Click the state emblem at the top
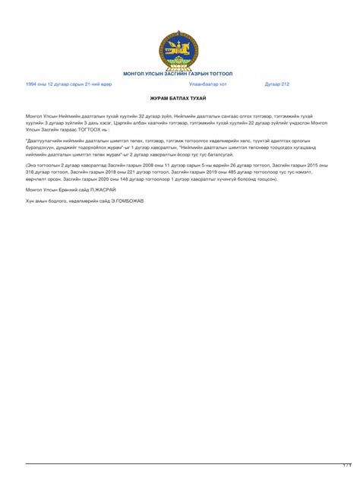pyautogui.click(x=178, y=49)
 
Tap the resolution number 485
pyautogui.click(x=223, y=172)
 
